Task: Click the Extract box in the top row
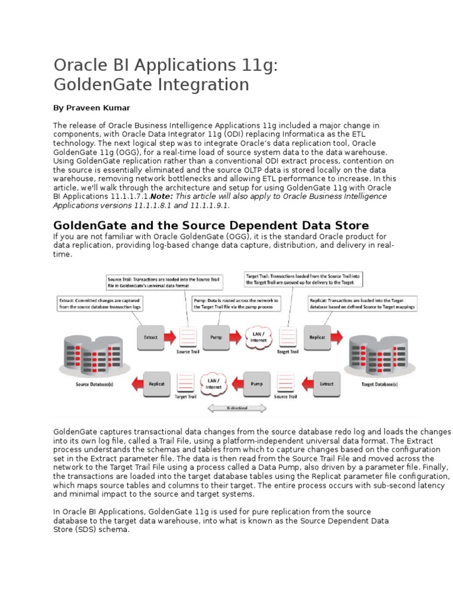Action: tap(151, 337)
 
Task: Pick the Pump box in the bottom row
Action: tap(257, 383)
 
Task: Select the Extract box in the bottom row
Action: tap(326, 383)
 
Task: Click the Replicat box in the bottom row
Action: tap(156, 383)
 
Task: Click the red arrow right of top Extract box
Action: tap(170, 338)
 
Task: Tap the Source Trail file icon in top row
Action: tap(188, 337)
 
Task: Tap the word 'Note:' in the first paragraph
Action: tap(162, 196)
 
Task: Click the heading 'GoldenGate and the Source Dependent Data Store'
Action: tap(211, 225)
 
